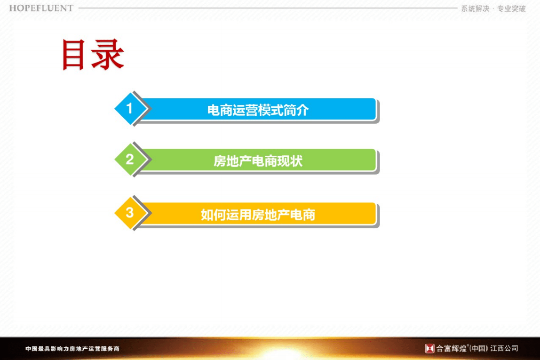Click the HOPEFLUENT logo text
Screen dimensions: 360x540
(41, 8)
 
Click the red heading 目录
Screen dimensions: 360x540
(93, 55)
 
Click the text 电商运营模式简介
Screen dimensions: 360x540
(258, 110)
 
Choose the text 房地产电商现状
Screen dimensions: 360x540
(258, 161)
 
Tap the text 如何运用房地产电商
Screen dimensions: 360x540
(258, 215)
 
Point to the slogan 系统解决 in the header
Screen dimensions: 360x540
(475, 9)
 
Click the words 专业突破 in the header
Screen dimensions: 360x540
(512, 9)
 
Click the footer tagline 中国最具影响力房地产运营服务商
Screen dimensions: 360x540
(72, 349)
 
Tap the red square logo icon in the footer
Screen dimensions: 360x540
(429, 348)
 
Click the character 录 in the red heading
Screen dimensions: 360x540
(109, 55)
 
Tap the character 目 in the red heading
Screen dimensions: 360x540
(77, 55)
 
